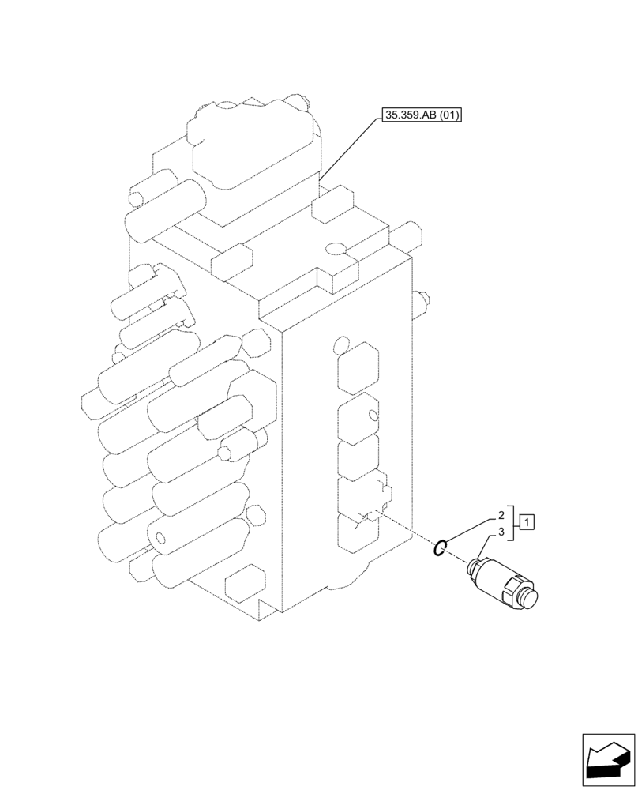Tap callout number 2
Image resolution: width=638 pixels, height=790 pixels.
[501, 514]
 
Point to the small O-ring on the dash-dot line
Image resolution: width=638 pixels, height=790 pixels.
[442, 546]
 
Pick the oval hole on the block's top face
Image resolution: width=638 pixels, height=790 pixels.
[335, 250]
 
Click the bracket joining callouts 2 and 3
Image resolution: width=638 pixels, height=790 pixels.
[514, 522]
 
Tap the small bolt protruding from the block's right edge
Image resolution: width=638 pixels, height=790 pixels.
[424, 299]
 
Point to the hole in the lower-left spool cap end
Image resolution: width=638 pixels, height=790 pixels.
[161, 540]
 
